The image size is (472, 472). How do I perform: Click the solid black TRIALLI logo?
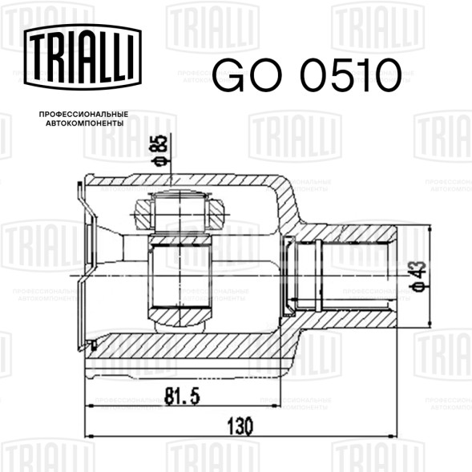point(83,57)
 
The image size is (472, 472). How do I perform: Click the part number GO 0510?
point(307,75)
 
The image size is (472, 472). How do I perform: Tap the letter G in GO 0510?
point(228,75)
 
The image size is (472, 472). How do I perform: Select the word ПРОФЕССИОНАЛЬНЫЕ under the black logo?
point(83,115)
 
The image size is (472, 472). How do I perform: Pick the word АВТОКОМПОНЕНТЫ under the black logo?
point(85,123)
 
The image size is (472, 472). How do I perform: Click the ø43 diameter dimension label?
point(419,276)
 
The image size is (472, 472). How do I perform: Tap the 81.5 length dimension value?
point(182,396)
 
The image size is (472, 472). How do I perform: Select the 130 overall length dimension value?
point(240,426)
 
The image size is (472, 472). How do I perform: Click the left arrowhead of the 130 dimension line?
point(89,436)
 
